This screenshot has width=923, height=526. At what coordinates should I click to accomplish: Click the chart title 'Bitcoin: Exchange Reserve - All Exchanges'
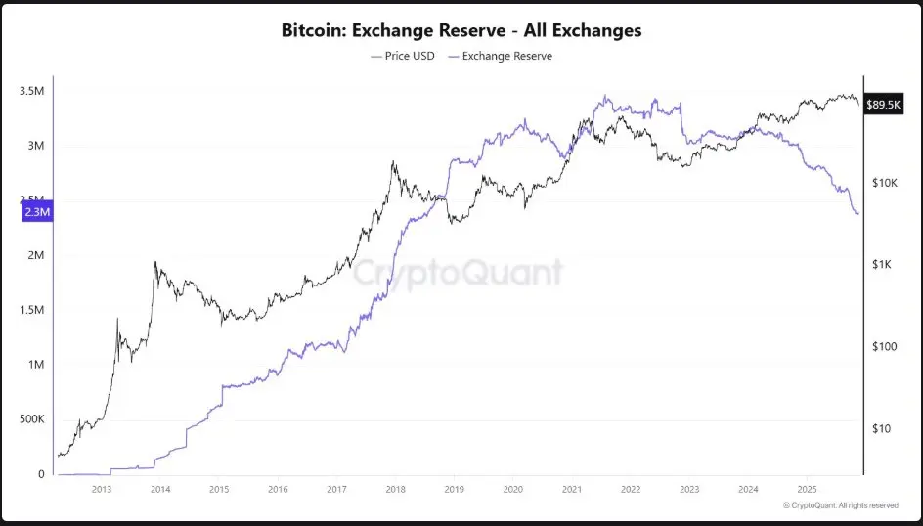coord(461,30)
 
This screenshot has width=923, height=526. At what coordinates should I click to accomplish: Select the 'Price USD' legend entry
coord(403,56)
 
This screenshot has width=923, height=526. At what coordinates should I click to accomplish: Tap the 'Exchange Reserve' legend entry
coord(500,56)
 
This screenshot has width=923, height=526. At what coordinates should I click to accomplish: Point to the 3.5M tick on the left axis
coord(32,91)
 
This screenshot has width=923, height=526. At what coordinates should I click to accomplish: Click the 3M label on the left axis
coord(36,146)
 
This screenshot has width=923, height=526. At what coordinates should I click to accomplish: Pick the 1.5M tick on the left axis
coord(32,310)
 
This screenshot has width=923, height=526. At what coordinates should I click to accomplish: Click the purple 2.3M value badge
coord(35,211)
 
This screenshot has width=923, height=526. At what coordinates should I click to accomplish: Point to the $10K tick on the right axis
coord(884,183)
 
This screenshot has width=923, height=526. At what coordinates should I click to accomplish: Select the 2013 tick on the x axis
coord(102,489)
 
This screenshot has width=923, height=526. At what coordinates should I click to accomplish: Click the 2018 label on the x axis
coord(395,489)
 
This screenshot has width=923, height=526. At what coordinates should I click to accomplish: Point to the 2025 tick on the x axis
coord(807,489)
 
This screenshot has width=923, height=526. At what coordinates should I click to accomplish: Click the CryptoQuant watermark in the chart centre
coord(458,272)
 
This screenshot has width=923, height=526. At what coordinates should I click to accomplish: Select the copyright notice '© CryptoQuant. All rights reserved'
coord(840,505)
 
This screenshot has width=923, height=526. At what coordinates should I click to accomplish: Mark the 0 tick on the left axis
coord(42,474)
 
